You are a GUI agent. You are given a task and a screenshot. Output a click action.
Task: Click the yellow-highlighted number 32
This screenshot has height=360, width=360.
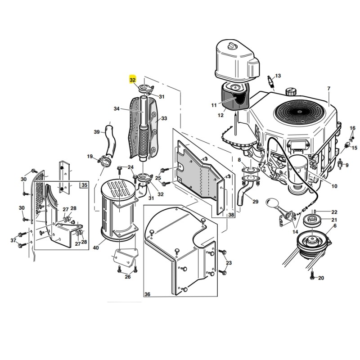pyautogui.click(x=133, y=80)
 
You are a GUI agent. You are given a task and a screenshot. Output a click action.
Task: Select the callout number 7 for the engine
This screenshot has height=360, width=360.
pyautogui.click(x=329, y=88)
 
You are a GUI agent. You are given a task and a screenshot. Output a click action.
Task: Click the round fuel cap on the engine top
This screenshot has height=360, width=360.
pyautogui.click(x=291, y=93)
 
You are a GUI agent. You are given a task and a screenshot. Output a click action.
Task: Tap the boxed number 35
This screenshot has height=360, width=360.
pyautogui.click(x=84, y=185)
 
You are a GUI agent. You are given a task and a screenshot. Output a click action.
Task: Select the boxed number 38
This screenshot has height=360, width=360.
pyautogui.click(x=231, y=215)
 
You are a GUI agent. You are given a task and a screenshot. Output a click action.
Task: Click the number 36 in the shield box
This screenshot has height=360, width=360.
pyautogui.click(x=148, y=294)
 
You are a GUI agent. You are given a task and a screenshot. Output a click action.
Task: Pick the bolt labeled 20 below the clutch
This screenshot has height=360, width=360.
pyautogui.click(x=312, y=275)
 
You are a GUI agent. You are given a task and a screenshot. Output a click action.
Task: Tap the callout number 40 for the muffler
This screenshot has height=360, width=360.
pyautogui.click(x=96, y=248)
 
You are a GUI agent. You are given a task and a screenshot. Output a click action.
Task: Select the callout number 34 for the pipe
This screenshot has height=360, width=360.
pyautogui.click(x=117, y=108)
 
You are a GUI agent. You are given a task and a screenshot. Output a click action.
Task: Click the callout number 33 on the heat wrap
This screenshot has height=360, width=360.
pyautogui.click(x=164, y=118)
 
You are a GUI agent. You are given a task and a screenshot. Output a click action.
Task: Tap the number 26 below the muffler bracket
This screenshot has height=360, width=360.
pyautogui.click(x=128, y=277)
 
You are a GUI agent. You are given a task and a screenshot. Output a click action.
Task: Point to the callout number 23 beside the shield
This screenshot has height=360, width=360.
pyautogui.click(x=229, y=263)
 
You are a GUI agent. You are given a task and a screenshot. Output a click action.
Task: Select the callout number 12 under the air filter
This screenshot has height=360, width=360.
pyautogui.click(x=220, y=115)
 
